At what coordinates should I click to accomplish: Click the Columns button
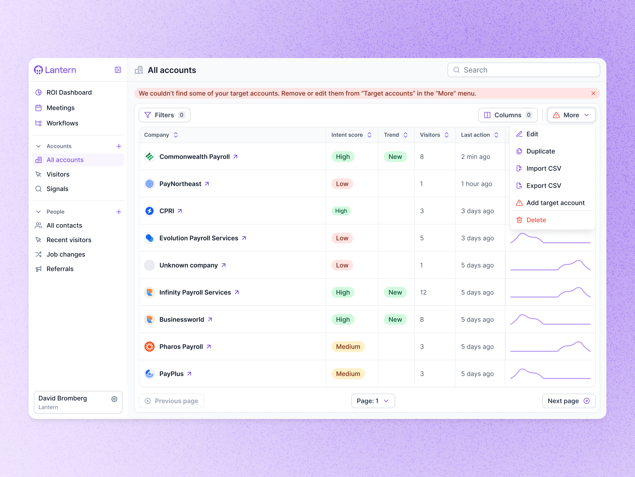click(508, 115)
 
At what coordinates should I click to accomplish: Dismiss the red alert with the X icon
click(593, 93)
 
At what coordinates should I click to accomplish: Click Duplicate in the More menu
click(540, 151)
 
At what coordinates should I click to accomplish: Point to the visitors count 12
click(423, 292)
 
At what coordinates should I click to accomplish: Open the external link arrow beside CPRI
click(180, 211)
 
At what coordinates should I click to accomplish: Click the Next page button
click(568, 401)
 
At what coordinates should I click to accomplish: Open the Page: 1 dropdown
click(373, 401)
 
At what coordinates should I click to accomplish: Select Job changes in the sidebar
click(66, 254)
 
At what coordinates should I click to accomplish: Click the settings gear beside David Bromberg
click(114, 399)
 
